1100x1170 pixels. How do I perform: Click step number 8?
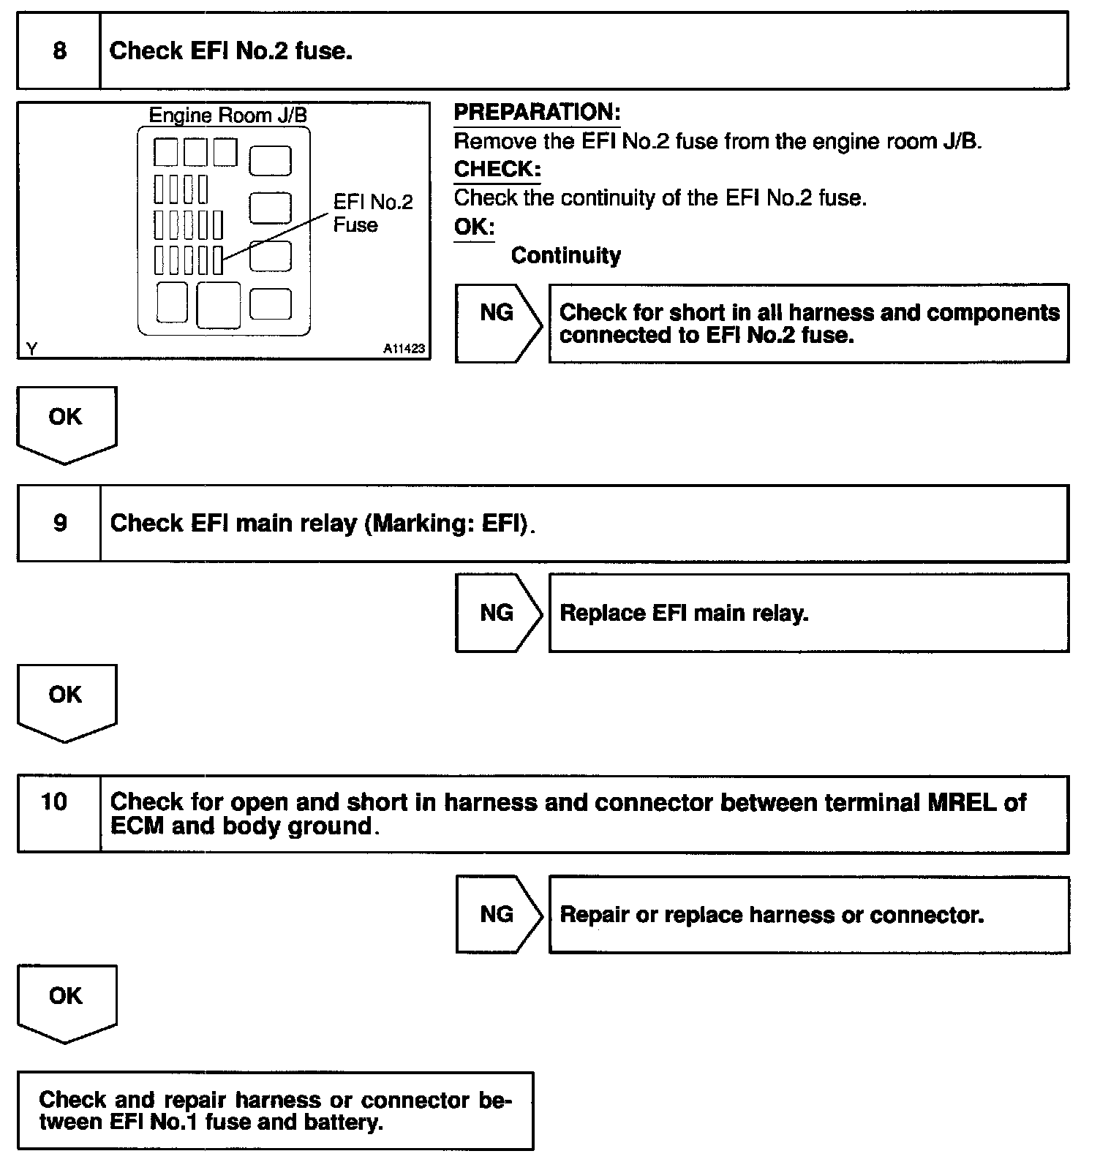click(x=59, y=50)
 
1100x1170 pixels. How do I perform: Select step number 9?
click(x=60, y=523)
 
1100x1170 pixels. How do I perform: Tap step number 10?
click(x=54, y=802)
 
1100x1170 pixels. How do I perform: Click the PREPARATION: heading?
click(x=537, y=113)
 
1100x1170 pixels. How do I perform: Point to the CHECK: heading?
click(x=497, y=170)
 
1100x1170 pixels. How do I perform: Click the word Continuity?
click(x=566, y=255)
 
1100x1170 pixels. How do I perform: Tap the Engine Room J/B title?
click(x=227, y=116)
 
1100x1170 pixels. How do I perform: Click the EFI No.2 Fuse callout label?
click(x=372, y=213)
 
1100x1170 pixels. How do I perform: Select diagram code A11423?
click(x=404, y=349)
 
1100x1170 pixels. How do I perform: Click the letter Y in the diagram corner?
click(x=31, y=349)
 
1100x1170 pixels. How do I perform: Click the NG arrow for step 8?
click(x=497, y=322)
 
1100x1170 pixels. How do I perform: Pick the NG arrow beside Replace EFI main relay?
click(x=497, y=613)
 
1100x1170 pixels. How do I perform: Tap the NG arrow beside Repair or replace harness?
click(x=497, y=914)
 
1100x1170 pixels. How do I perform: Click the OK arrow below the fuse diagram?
click(x=66, y=423)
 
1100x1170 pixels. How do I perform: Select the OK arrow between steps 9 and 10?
click(x=66, y=701)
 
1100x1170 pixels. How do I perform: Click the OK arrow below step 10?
click(x=66, y=1001)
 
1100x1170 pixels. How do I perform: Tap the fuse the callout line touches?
click(x=218, y=260)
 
